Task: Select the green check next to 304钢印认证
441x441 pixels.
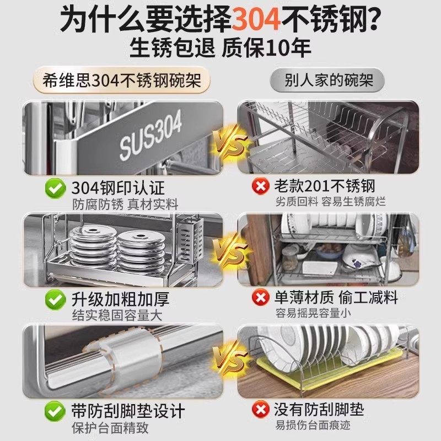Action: tap(55, 189)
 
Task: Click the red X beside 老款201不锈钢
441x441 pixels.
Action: tap(260, 187)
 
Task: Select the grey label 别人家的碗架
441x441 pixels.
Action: tap(330, 80)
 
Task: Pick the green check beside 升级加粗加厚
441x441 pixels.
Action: tap(55, 300)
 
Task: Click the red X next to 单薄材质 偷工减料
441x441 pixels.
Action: tap(260, 299)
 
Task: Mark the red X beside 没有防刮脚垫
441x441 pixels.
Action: tap(260, 411)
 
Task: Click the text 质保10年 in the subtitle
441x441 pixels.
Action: tap(266, 49)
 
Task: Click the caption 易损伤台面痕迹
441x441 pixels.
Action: tap(313, 425)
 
